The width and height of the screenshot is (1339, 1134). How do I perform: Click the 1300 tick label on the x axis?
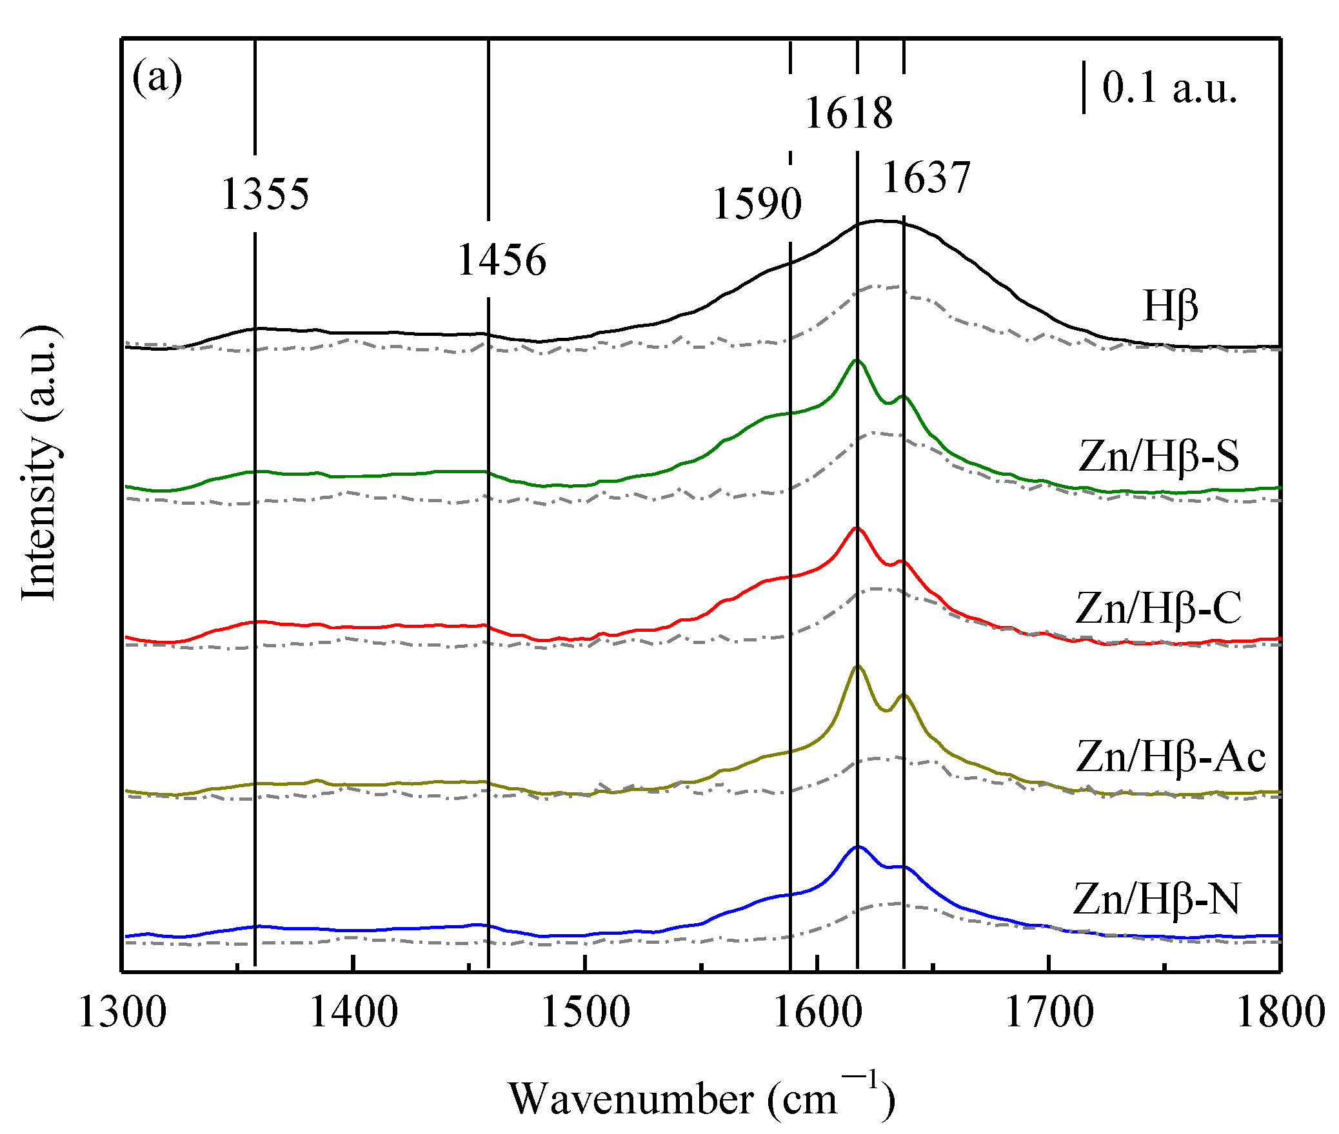pos(123,1013)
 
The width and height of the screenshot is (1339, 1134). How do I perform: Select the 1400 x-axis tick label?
pos(353,1013)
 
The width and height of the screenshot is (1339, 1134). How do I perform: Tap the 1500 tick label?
pos(585,1013)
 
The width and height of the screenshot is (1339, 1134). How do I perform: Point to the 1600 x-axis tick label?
pos(817,1013)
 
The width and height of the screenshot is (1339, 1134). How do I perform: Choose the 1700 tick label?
pos(1049,1013)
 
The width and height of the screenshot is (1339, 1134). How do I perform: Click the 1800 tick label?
pos(1280,1013)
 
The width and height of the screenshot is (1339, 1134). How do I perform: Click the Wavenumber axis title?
pos(701,1099)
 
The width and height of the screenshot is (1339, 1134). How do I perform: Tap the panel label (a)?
pos(157,78)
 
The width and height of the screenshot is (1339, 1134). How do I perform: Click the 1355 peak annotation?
pos(265,194)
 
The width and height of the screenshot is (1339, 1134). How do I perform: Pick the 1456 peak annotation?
pos(501,260)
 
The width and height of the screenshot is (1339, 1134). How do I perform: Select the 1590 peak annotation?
pos(757,204)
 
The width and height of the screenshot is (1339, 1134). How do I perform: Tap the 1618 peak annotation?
pos(849,113)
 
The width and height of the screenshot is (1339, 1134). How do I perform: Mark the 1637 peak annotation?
pos(926,178)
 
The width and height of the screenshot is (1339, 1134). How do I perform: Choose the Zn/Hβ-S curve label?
pos(1158,456)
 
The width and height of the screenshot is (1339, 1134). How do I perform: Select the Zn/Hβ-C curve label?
pos(1158,607)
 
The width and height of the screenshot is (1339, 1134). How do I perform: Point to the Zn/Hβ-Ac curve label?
pos(1171,756)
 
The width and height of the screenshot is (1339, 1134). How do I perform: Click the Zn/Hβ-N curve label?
pos(1156,899)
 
